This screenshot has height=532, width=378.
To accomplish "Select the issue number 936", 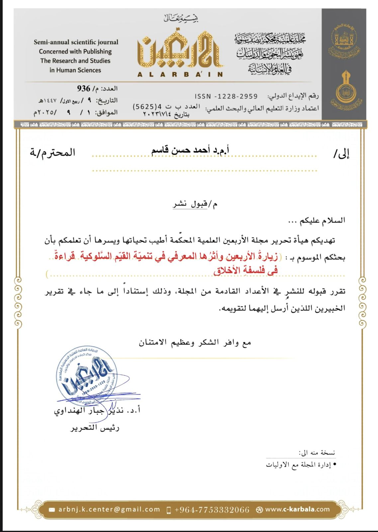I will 84,88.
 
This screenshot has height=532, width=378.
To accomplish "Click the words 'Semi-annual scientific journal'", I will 76,42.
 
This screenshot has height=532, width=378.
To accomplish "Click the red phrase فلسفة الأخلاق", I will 246,271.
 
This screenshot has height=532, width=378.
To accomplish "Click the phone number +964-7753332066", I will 212,510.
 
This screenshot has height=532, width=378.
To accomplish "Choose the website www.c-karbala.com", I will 297,509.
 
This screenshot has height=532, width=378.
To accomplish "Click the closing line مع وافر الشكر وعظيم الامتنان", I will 195,342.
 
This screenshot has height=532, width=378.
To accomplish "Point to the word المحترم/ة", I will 52,153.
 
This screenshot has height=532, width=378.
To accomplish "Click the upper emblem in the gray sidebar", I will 344,41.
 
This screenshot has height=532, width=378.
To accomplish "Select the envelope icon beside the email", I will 52,510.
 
